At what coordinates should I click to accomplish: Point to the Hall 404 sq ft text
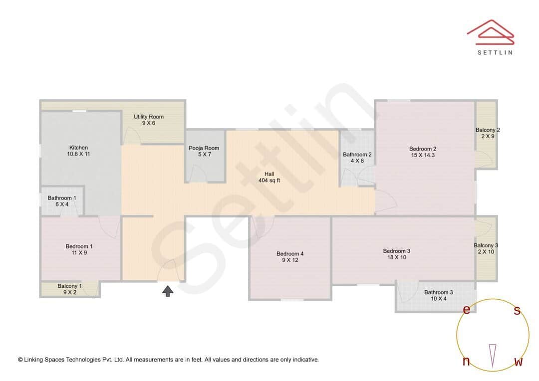pos(269,177)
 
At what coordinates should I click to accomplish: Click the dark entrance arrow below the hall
pos(168,291)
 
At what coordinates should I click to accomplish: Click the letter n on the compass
pos(466,362)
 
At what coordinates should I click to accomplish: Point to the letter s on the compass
pos(517,311)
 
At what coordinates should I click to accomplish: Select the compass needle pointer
pos(493,355)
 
